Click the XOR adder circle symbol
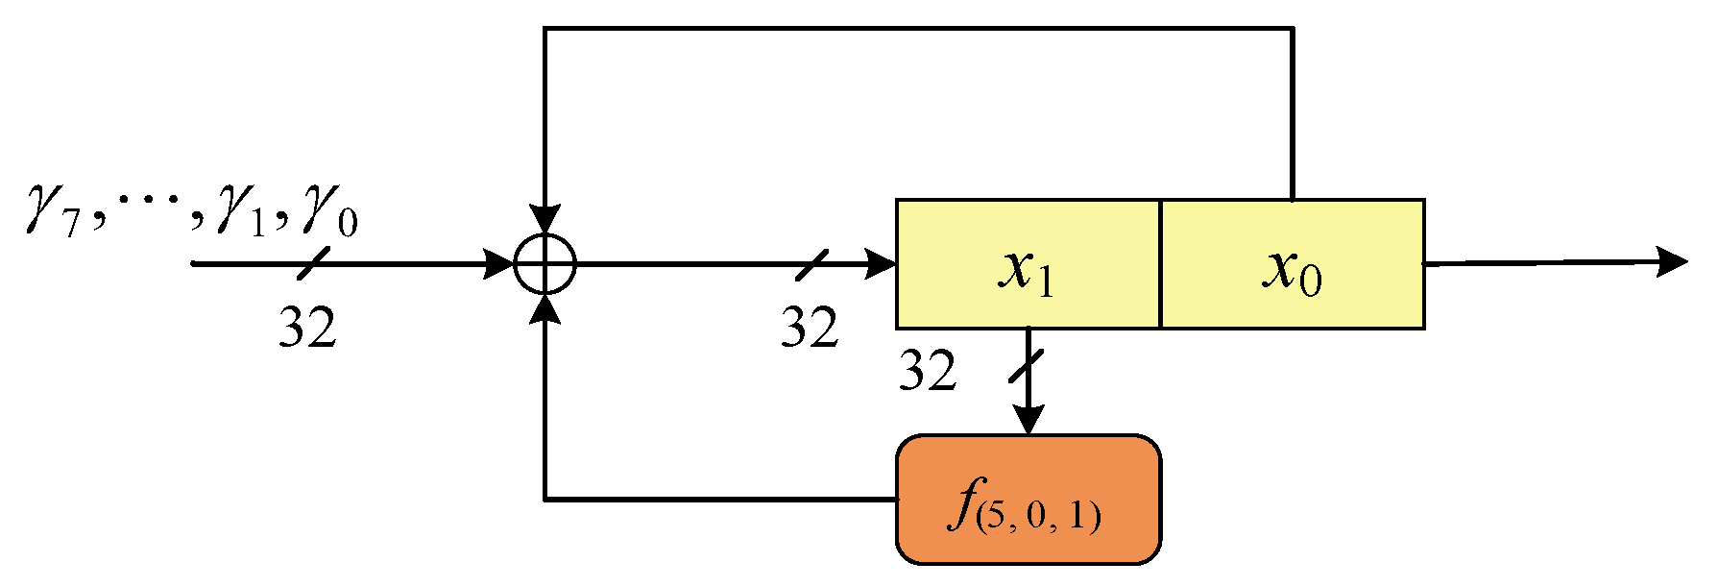[544, 263]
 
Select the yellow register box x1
[1028, 265]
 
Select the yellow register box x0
[1292, 265]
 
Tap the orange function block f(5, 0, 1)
[1028, 500]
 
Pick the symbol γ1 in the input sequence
[242, 213]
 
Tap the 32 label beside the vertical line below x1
[927, 371]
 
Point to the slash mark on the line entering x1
[811, 263]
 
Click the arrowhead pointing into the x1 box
[882, 263]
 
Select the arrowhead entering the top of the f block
[1028, 421]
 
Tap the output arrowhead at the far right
[1673, 260]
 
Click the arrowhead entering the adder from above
[544, 220]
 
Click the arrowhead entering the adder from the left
[499, 263]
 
